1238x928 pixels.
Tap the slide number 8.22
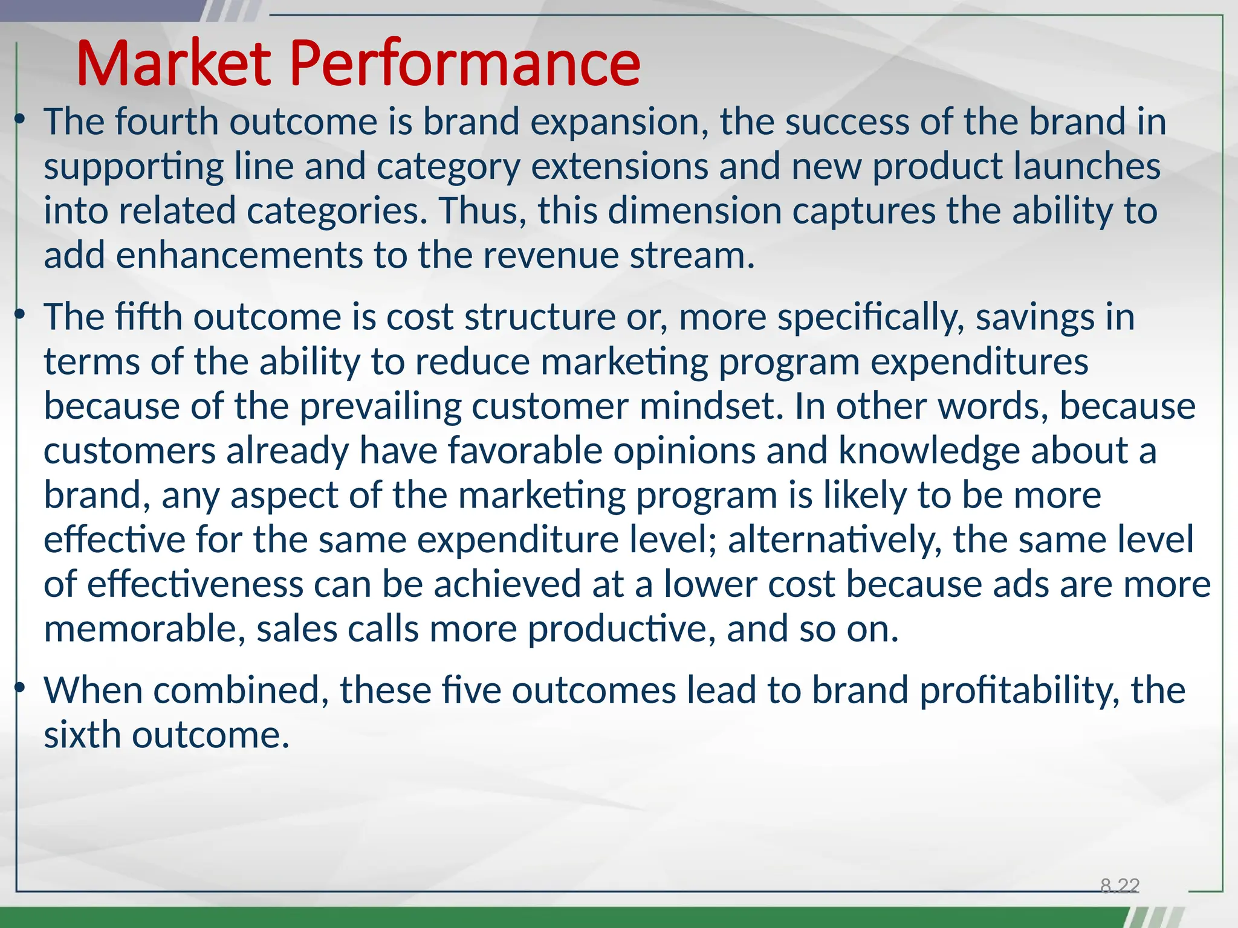point(1120,886)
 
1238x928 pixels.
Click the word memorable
point(144,629)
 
